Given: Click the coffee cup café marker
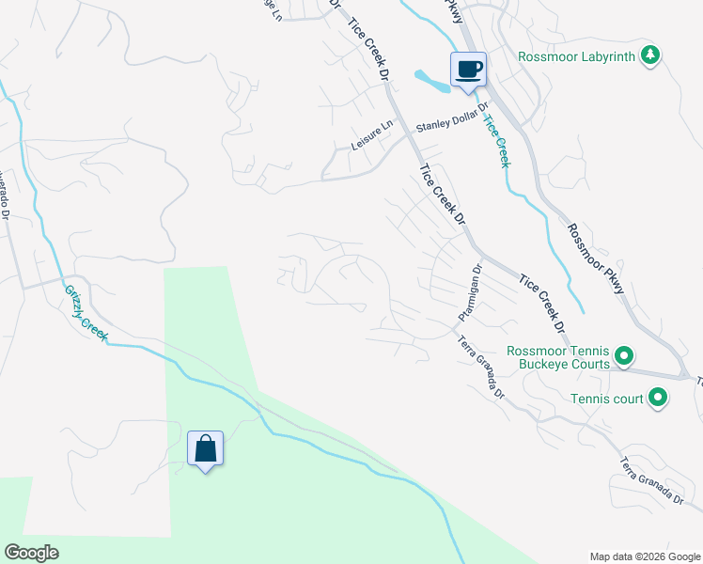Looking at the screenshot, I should pyautogui.click(x=469, y=69).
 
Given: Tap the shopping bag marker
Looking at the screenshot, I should pyautogui.click(x=206, y=449).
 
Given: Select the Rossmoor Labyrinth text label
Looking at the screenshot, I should pyautogui.click(x=576, y=56).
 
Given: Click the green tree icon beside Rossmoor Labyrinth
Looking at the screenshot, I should pyautogui.click(x=649, y=55).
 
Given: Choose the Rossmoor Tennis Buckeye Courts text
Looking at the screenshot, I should pyautogui.click(x=558, y=357).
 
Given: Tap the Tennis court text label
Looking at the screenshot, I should pyautogui.click(x=606, y=399).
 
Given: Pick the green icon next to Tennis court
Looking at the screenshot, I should pyautogui.click(x=658, y=399).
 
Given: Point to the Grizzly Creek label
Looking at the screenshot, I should pyautogui.click(x=86, y=313).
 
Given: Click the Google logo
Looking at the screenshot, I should pyautogui.click(x=31, y=552).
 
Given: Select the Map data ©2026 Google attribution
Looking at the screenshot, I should pyautogui.click(x=644, y=556).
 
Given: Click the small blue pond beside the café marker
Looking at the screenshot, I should pyautogui.click(x=431, y=83).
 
